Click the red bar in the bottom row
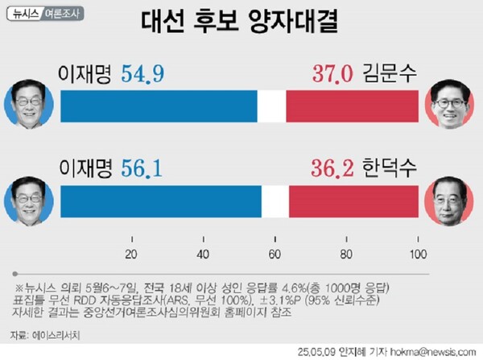point(353,202)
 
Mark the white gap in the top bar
point(271,106)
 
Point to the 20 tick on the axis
point(131,255)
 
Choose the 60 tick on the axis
point(275,255)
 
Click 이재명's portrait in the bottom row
point(29,201)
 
